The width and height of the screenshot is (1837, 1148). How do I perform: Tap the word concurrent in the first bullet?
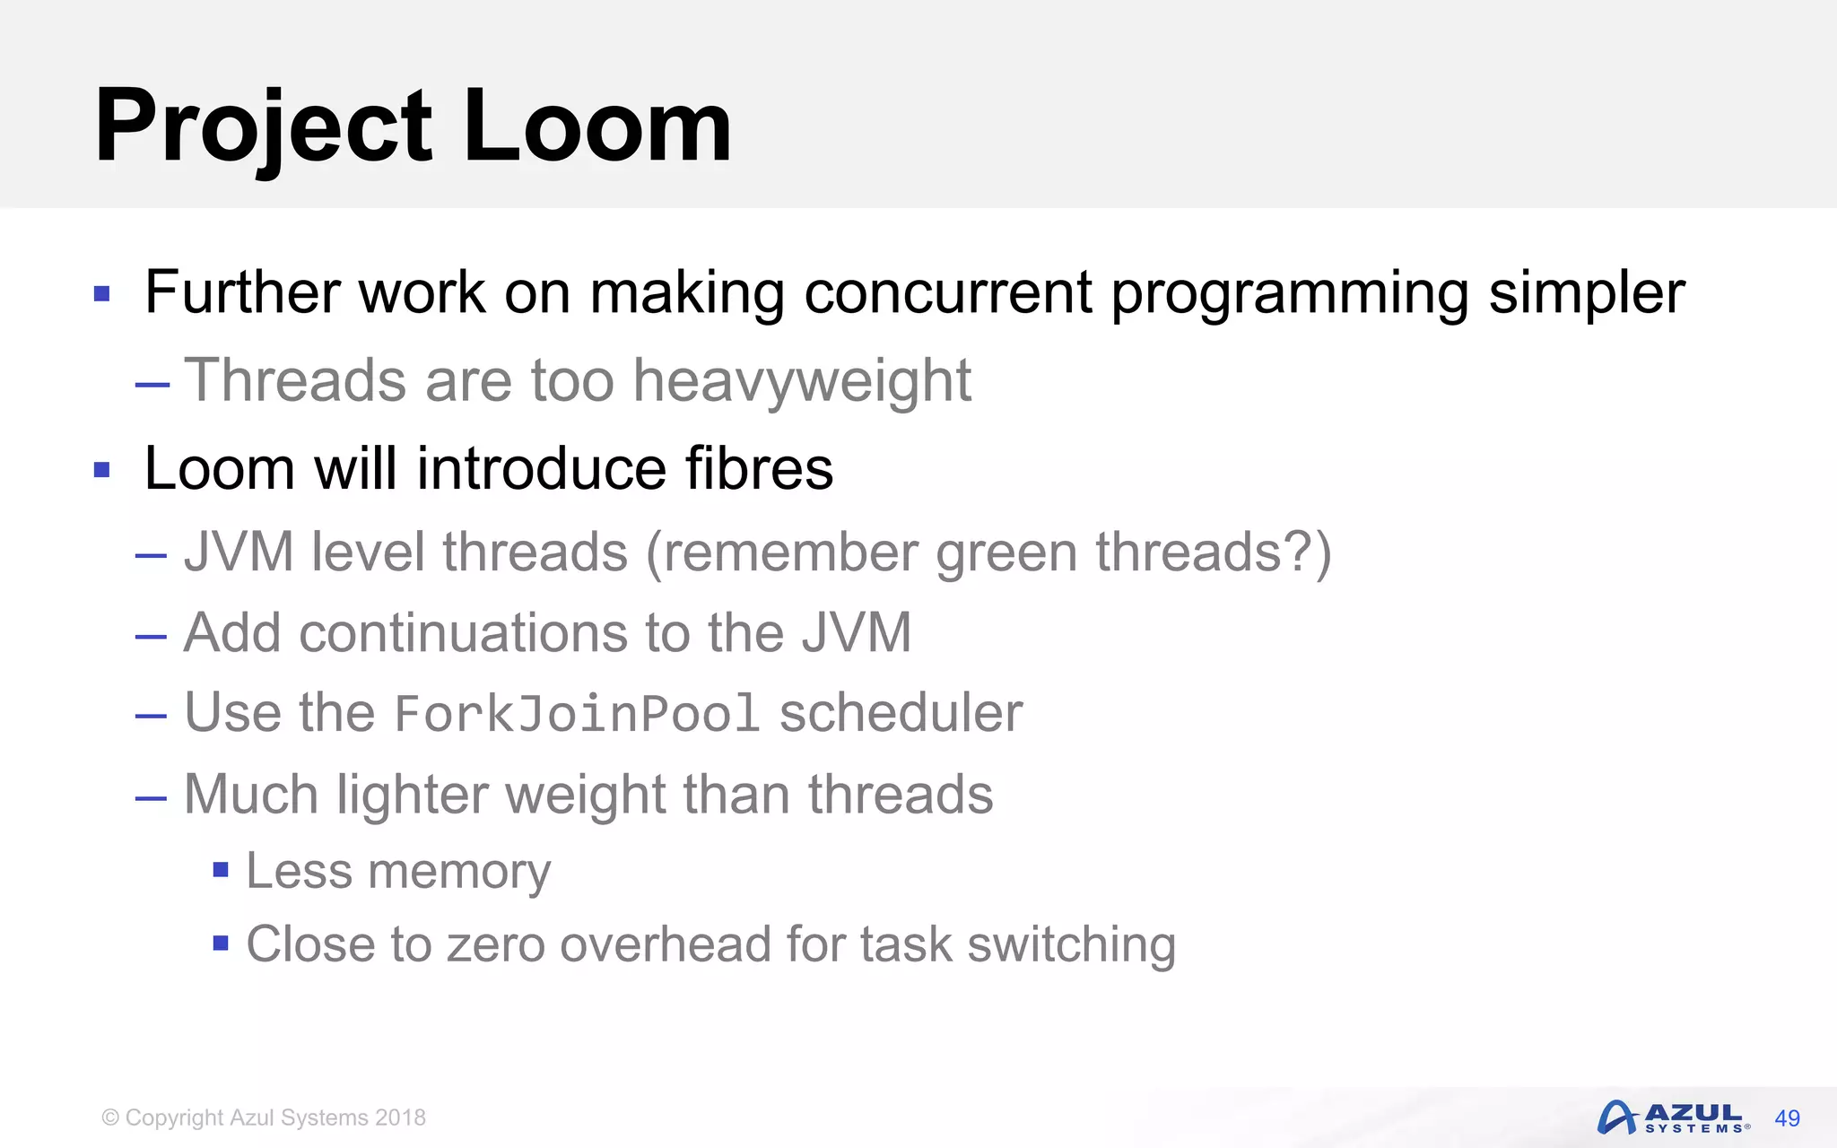pos(947,293)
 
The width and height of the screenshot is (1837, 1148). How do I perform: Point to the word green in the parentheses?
pos(1006,553)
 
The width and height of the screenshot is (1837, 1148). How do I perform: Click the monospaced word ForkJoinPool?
pos(577,715)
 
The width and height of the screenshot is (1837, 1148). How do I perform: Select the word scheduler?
pos(901,714)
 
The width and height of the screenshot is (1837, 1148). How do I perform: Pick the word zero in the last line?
pos(495,945)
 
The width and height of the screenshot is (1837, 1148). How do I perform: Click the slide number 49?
pos(1787,1118)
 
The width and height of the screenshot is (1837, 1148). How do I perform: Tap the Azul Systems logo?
pos(1672,1118)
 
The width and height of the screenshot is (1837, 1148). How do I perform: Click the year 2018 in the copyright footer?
pos(400,1118)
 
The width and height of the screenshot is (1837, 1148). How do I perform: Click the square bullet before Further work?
pos(102,294)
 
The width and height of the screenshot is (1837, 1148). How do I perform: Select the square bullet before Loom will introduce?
pos(102,470)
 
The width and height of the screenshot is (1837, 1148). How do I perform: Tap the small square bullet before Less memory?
pos(221,870)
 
